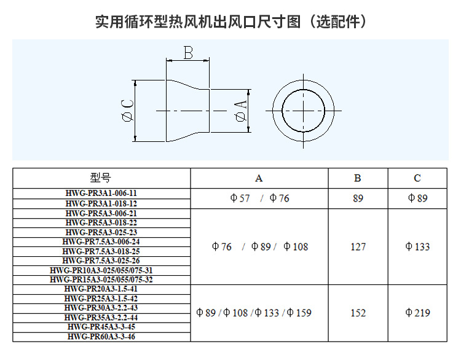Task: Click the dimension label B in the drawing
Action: coord(188,53)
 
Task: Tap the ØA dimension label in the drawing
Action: coord(240,111)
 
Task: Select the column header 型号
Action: coord(101,179)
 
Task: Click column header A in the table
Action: coord(259,179)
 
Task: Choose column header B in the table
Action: coord(358,179)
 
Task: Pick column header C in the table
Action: coord(417,179)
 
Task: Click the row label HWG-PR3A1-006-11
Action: coord(101,193)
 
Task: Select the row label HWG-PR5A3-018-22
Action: coord(101,222)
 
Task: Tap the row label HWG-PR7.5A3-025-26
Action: coord(101,260)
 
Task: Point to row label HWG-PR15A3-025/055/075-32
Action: coord(101,280)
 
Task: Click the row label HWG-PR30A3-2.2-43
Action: coord(101,308)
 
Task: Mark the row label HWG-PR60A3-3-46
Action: coord(101,337)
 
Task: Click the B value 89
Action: coord(358,198)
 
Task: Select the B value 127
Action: coord(358,247)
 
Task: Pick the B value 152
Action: coord(358,313)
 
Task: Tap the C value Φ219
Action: coord(417,313)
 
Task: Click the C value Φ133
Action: coord(417,247)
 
